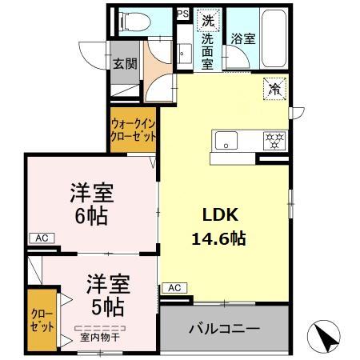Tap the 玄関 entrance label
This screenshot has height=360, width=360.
[x=123, y=65]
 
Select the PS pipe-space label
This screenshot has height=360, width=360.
[x=183, y=14]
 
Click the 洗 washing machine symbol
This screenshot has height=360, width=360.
[x=208, y=21]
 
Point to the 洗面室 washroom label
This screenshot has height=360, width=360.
[x=207, y=50]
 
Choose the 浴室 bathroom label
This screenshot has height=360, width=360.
[x=243, y=38]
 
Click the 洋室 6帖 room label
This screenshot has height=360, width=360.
[x=90, y=204]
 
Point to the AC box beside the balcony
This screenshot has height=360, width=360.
[x=174, y=287]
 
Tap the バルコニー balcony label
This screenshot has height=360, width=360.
[x=224, y=329]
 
